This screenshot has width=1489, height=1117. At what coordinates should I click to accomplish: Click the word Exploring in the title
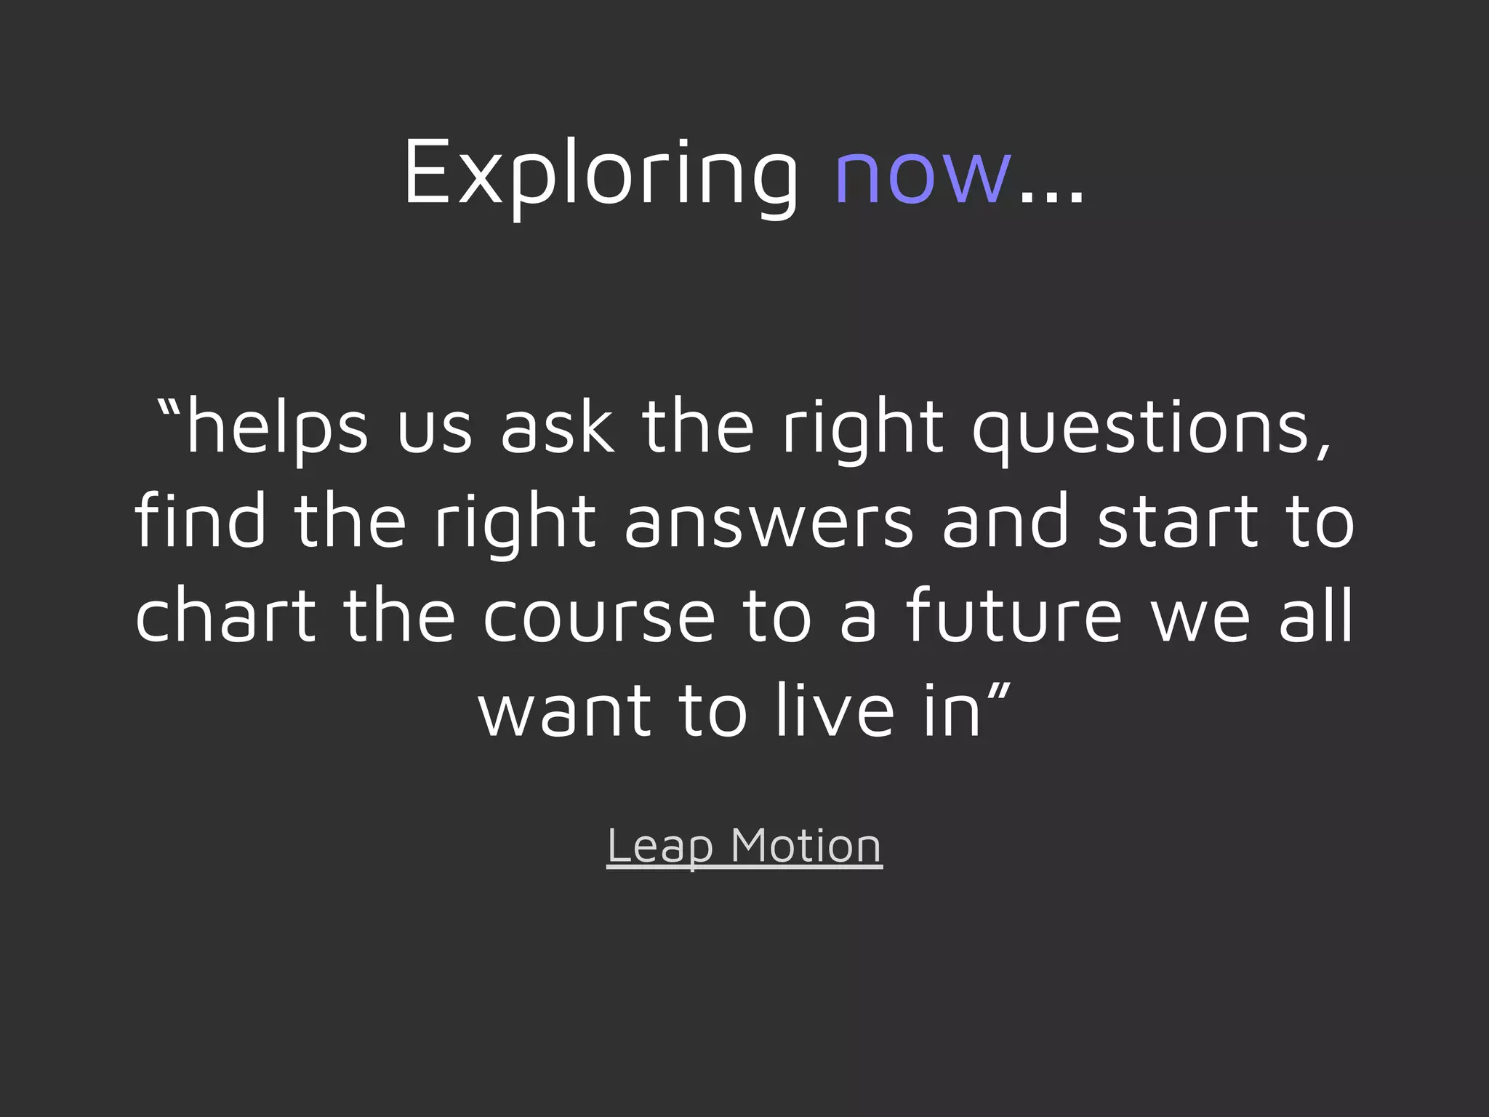click(601, 175)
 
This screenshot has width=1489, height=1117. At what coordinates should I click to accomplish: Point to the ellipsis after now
click(1051, 196)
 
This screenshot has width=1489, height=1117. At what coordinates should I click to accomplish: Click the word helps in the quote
click(277, 429)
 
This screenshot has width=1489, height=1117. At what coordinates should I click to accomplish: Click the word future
click(1014, 616)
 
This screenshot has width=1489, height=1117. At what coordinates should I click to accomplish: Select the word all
click(1317, 616)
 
